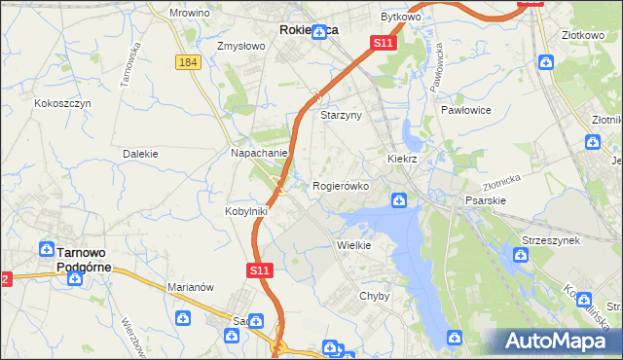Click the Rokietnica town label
click(309, 30)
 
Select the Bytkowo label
click(400, 18)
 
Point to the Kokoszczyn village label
click(62, 102)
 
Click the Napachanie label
click(258, 153)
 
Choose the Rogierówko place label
click(341, 186)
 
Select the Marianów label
click(191, 287)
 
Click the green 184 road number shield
click(189, 61)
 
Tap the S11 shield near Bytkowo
click(383, 44)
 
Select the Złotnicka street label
click(502, 182)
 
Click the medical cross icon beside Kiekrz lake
click(398, 201)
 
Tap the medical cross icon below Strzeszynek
click(522, 256)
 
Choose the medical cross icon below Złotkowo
click(547, 62)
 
